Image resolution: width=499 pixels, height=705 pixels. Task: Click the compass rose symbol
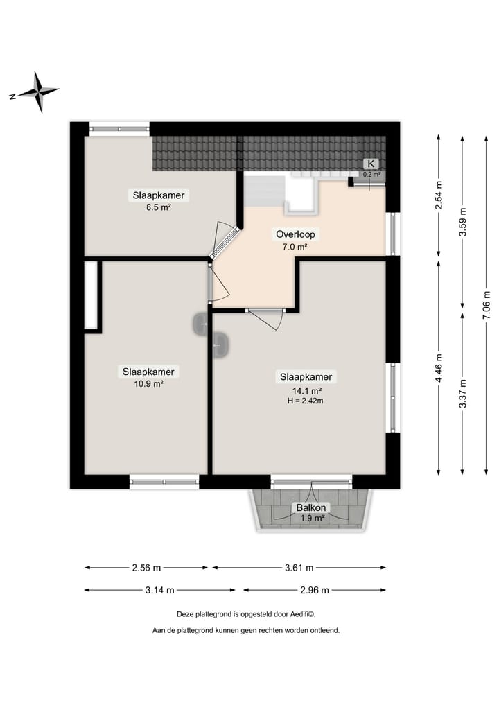(40, 92)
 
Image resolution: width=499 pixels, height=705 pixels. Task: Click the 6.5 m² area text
(159, 207)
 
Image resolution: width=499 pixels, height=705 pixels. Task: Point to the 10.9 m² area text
(148, 383)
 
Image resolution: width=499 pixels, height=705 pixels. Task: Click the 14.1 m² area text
(306, 390)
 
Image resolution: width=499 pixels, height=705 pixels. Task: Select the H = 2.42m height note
(306, 401)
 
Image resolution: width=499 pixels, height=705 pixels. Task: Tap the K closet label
(371, 164)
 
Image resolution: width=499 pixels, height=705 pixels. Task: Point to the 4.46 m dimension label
(439, 367)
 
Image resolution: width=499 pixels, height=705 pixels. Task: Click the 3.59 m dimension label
(462, 223)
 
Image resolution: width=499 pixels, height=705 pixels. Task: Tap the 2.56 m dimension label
(146, 568)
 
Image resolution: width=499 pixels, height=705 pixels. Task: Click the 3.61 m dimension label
(299, 568)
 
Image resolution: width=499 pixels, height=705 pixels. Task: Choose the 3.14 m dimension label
(159, 590)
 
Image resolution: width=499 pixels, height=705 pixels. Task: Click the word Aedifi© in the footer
(301, 614)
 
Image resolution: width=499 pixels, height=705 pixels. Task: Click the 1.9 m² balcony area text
(313, 518)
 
